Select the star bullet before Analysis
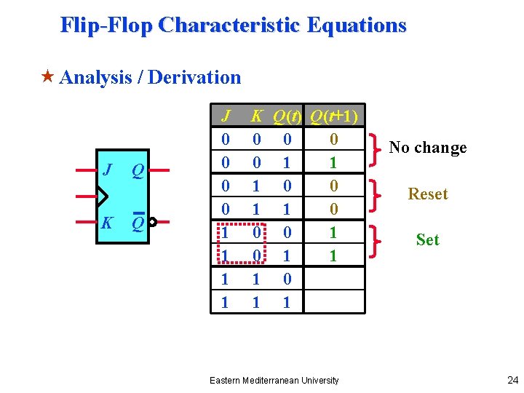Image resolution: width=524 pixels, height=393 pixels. [x=49, y=77]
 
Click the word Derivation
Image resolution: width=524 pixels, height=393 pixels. [x=194, y=77]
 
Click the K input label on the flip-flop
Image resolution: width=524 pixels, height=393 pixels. [x=106, y=222]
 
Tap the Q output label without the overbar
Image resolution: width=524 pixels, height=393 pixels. [x=137, y=170]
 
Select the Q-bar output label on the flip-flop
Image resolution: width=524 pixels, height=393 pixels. [x=137, y=222]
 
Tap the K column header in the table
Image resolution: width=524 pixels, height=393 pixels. [x=255, y=116]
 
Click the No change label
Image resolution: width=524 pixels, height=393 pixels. [x=427, y=148]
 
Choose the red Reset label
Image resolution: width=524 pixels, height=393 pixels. [x=428, y=194]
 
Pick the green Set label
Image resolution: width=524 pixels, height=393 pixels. [x=427, y=239]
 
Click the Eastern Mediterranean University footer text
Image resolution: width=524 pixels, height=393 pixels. [x=274, y=380]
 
